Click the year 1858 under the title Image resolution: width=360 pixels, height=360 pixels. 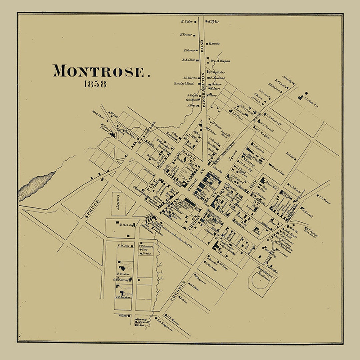tap(95, 84)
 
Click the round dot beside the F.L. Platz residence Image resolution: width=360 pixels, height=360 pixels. tap(306, 94)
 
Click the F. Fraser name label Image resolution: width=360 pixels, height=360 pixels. tap(185, 34)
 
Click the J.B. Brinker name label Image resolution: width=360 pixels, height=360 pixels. tap(123, 297)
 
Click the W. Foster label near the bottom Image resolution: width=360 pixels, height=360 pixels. tap(124, 316)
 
